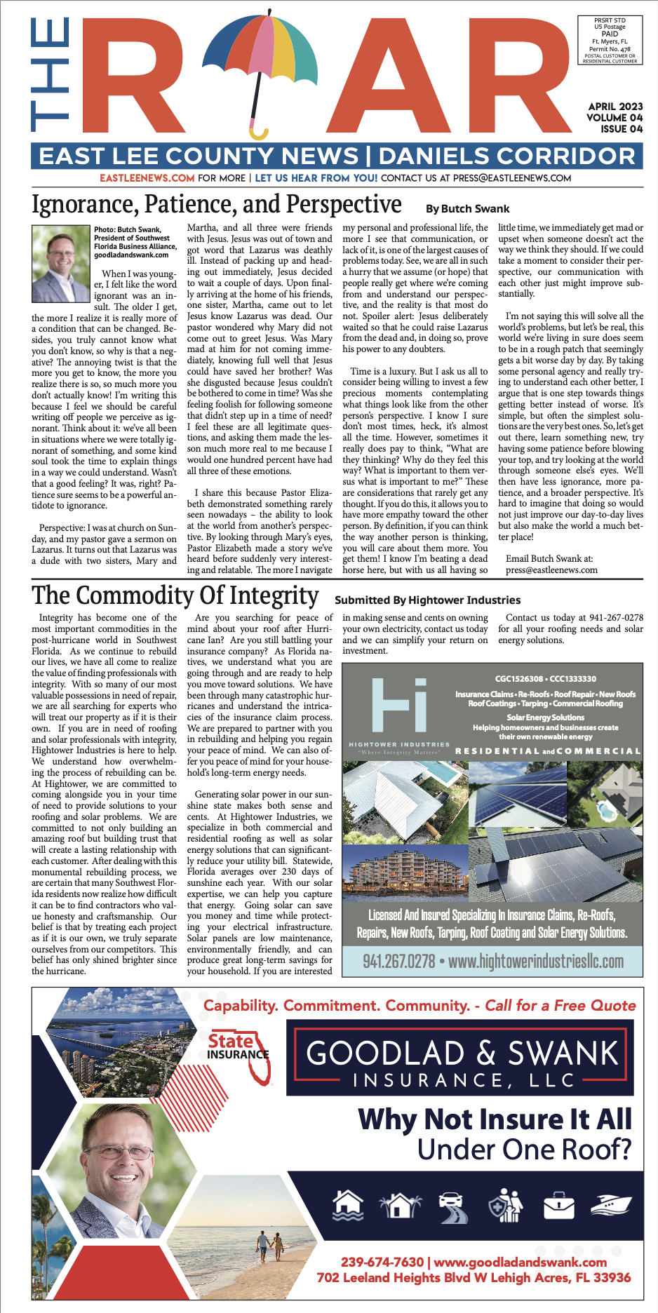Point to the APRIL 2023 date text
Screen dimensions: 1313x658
pos(615,107)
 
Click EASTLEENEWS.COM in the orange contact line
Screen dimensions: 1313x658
pos(147,178)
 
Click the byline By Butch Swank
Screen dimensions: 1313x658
pos(467,208)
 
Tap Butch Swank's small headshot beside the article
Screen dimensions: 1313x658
pos(61,253)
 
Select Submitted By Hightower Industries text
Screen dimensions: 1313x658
pos(427,600)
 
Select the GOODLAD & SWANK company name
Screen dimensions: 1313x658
pos(462,1053)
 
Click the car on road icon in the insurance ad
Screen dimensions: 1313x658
pos(453,1206)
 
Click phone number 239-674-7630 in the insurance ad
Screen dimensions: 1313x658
pos(382,1262)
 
